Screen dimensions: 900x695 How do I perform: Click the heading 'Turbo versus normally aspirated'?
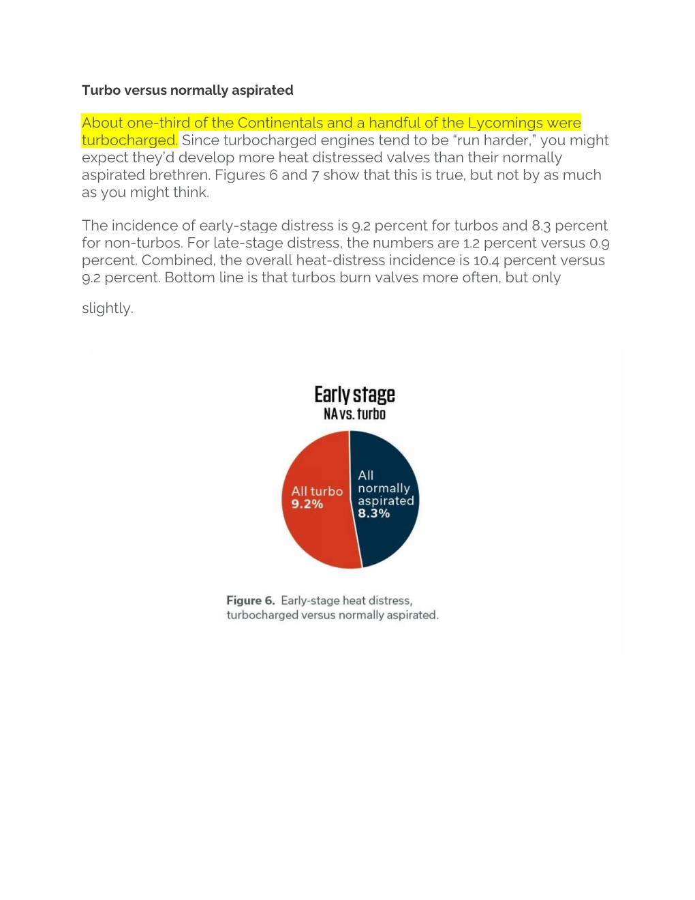tap(187, 90)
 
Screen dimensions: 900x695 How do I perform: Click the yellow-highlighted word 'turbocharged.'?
tap(129, 140)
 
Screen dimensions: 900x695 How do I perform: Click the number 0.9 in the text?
tap(600, 243)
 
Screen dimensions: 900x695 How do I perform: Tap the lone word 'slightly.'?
tap(108, 308)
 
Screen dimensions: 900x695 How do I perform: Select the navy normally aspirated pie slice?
tap(388, 539)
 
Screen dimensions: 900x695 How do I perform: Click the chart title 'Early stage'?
tap(354, 395)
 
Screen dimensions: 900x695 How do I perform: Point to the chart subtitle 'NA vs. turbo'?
tap(354, 414)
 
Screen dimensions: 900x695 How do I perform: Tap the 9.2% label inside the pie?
tap(307, 504)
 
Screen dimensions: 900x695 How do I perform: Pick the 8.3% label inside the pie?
tap(374, 513)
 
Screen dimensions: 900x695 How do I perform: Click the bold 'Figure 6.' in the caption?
tap(251, 601)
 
